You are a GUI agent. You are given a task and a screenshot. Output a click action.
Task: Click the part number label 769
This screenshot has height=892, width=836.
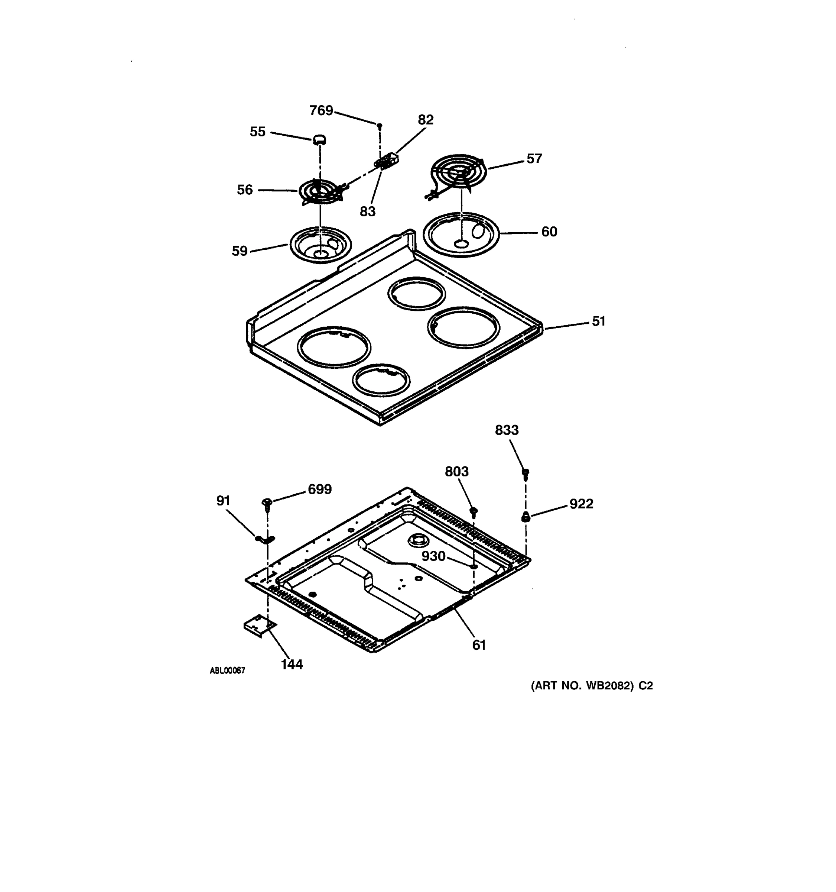point(321,110)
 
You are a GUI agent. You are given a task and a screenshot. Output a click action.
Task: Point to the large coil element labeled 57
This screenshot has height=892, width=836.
point(458,173)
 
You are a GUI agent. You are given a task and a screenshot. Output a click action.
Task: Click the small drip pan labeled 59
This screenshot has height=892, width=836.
point(321,245)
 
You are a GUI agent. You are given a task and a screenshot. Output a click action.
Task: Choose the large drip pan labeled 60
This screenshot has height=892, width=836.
point(461,235)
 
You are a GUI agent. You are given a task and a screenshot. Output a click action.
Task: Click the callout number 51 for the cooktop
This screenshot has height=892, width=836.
point(598,321)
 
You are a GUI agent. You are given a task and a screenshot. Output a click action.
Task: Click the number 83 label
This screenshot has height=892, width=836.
point(368,211)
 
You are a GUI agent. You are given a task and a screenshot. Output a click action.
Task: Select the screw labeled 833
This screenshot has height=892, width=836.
point(526,474)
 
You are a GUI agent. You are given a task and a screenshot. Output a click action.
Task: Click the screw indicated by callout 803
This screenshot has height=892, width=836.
point(474,511)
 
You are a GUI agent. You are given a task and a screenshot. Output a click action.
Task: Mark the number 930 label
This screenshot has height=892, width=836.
point(433,556)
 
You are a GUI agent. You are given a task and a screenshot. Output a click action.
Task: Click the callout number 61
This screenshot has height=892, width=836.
point(479,645)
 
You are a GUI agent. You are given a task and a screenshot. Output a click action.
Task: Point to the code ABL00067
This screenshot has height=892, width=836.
point(227,670)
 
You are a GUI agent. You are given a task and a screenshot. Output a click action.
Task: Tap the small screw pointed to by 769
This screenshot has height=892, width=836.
point(379,126)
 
